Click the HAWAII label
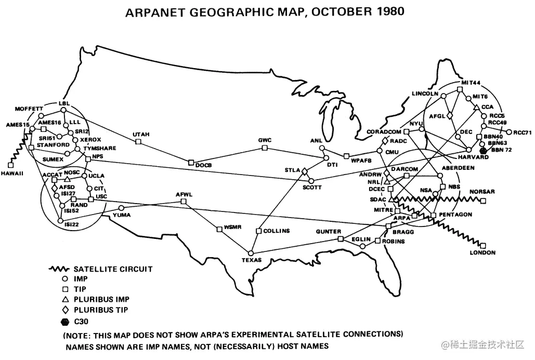(12, 173)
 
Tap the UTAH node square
(139, 141)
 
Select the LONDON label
(482, 253)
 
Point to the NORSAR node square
(484, 201)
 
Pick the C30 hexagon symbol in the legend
(66, 321)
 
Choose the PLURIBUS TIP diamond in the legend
(66, 310)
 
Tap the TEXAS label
(252, 260)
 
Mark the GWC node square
(265, 148)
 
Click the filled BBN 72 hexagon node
(483, 150)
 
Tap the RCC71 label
(521, 132)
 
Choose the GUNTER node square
(341, 239)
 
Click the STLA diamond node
(305, 170)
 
